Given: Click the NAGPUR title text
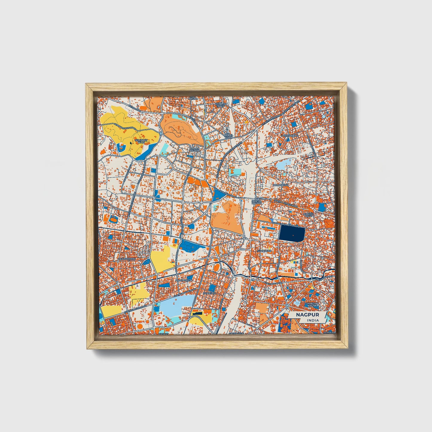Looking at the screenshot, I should click(308, 315).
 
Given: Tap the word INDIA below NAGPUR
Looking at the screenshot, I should click(312, 320).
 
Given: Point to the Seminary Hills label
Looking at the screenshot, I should click(141, 141).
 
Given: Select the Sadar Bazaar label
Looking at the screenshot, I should click(195, 150).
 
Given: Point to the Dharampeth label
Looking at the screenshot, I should click(127, 259).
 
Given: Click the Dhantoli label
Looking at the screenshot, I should click(209, 293).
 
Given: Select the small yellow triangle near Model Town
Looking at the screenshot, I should click(246, 122).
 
